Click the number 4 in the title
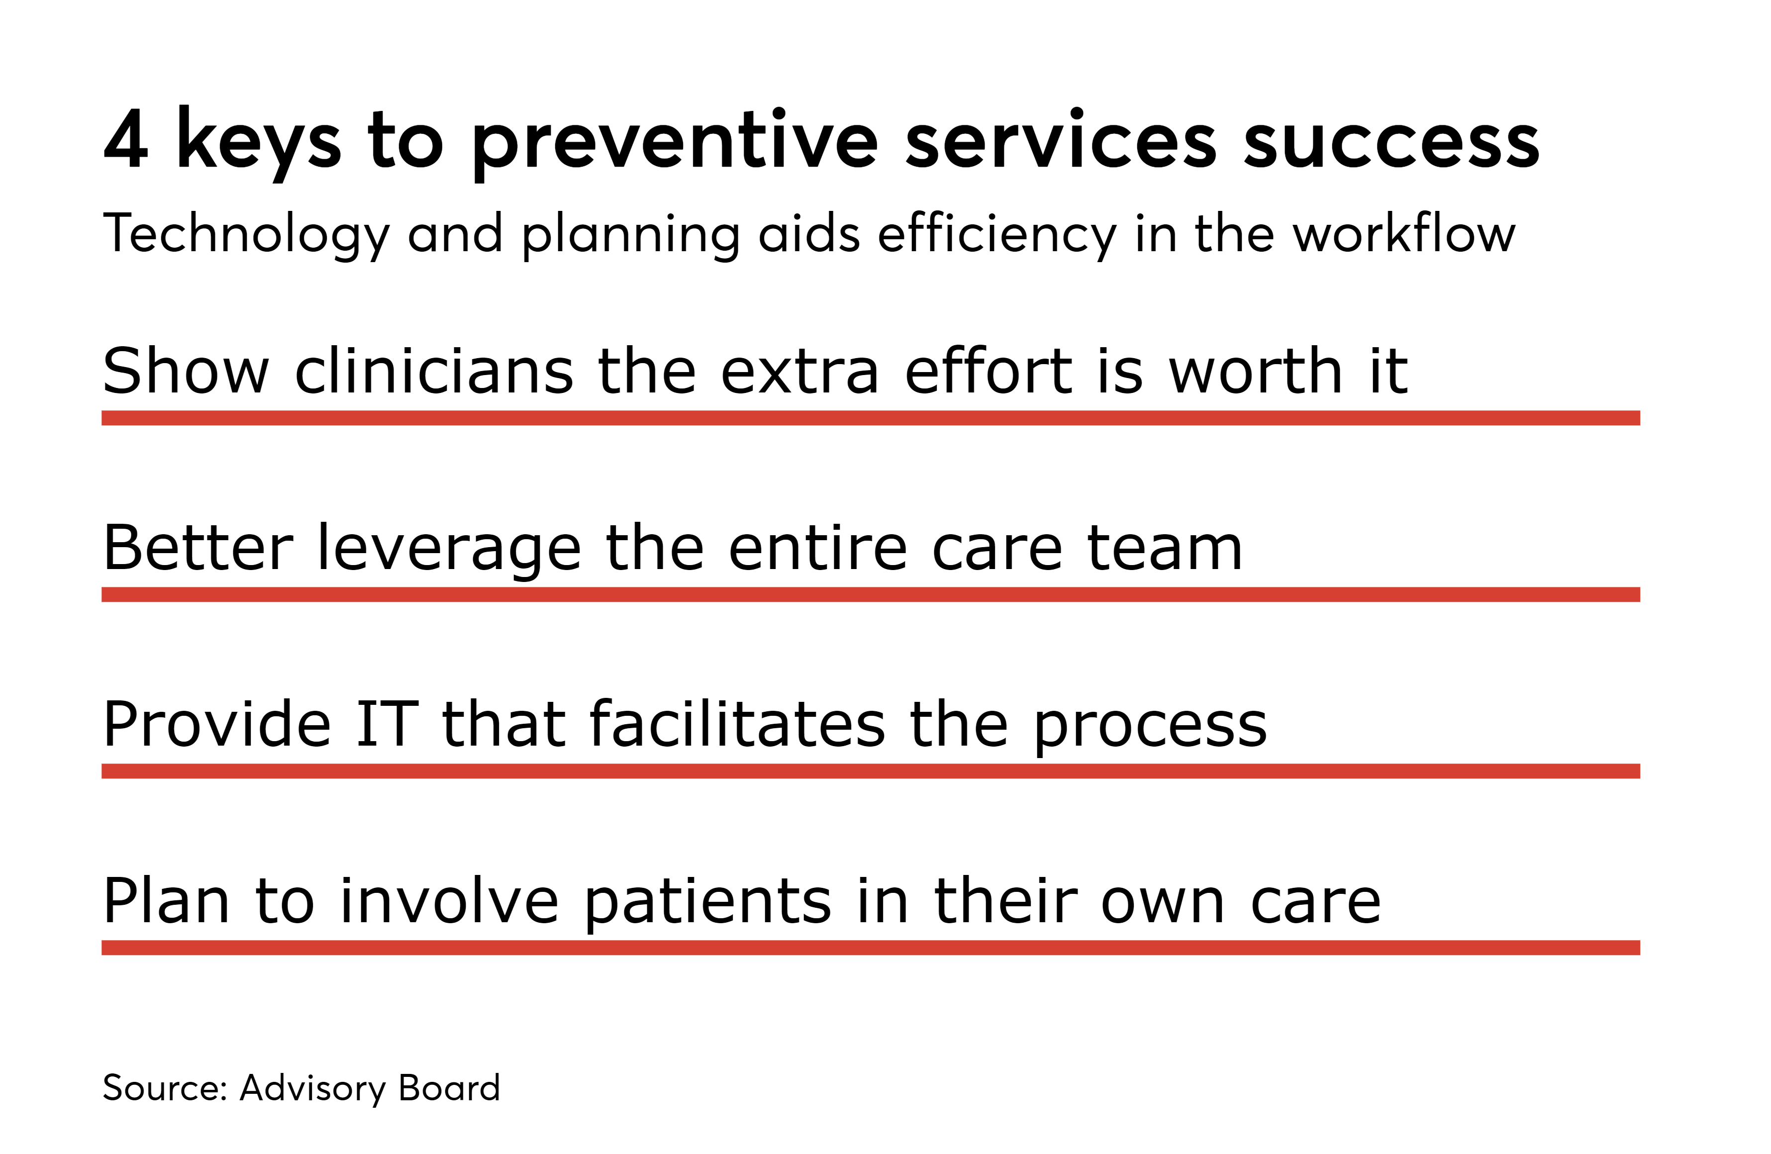tap(126, 140)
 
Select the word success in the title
tap(1391, 141)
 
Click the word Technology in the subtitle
tap(246, 234)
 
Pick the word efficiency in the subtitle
tap(996, 234)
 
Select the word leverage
tap(449, 549)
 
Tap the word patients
tap(707, 902)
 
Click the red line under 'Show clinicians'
tap(871, 417)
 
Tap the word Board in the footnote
tap(449, 1088)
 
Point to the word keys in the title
tap(258, 141)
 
